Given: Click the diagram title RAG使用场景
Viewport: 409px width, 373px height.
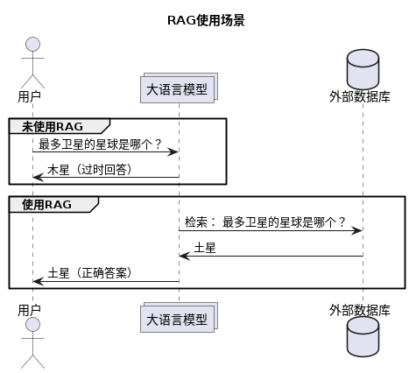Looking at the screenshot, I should (205, 21).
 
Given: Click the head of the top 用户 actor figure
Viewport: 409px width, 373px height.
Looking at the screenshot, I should (32, 45).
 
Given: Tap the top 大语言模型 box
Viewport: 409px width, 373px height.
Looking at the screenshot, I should (178, 89).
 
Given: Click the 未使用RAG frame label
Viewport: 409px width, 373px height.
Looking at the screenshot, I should (59, 126).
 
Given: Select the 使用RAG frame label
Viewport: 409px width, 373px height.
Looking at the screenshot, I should (53, 204).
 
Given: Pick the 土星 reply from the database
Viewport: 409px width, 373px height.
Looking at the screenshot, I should (205, 248).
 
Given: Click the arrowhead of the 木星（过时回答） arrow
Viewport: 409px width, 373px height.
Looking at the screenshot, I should (37, 177).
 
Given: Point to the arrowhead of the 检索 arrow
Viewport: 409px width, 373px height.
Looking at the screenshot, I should (357, 230).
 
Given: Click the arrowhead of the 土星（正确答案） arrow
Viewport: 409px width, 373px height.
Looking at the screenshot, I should (37, 281).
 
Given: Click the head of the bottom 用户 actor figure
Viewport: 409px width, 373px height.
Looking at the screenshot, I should (32, 325).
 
